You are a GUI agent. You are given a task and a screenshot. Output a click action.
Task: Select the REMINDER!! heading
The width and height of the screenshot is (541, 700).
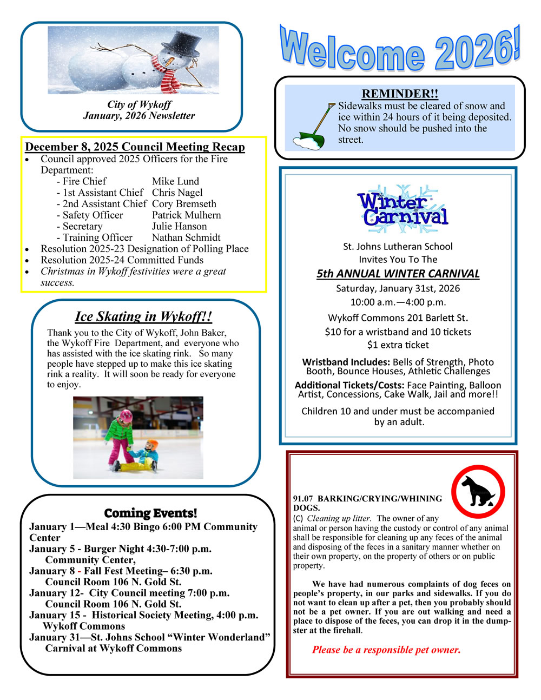click(x=400, y=94)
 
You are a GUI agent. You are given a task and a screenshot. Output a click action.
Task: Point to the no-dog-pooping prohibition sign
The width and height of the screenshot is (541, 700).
click(x=478, y=491)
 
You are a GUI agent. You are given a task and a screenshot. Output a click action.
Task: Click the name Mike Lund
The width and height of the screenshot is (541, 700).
click(x=175, y=181)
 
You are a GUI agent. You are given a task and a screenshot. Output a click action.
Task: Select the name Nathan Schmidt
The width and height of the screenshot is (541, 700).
click(x=186, y=237)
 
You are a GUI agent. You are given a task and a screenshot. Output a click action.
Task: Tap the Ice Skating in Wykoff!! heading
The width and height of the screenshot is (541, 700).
click(x=143, y=316)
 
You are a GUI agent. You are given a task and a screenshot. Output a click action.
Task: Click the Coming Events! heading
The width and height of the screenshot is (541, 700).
click(x=150, y=513)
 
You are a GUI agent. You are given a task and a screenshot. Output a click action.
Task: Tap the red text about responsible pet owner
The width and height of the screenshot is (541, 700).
click(x=386, y=650)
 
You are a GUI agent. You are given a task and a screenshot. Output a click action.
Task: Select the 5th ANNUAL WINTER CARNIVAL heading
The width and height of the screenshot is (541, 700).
click(x=398, y=274)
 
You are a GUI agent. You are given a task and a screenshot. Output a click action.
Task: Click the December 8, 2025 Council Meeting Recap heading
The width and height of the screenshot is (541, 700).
click(x=135, y=147)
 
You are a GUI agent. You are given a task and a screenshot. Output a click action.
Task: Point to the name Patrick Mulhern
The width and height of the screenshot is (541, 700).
click(x=186, y=215)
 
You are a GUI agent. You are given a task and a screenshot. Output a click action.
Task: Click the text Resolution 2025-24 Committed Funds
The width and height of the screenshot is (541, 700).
click(x=122, y=260)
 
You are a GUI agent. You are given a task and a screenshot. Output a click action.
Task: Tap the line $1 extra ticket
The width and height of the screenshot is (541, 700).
click(x=398, y=345)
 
